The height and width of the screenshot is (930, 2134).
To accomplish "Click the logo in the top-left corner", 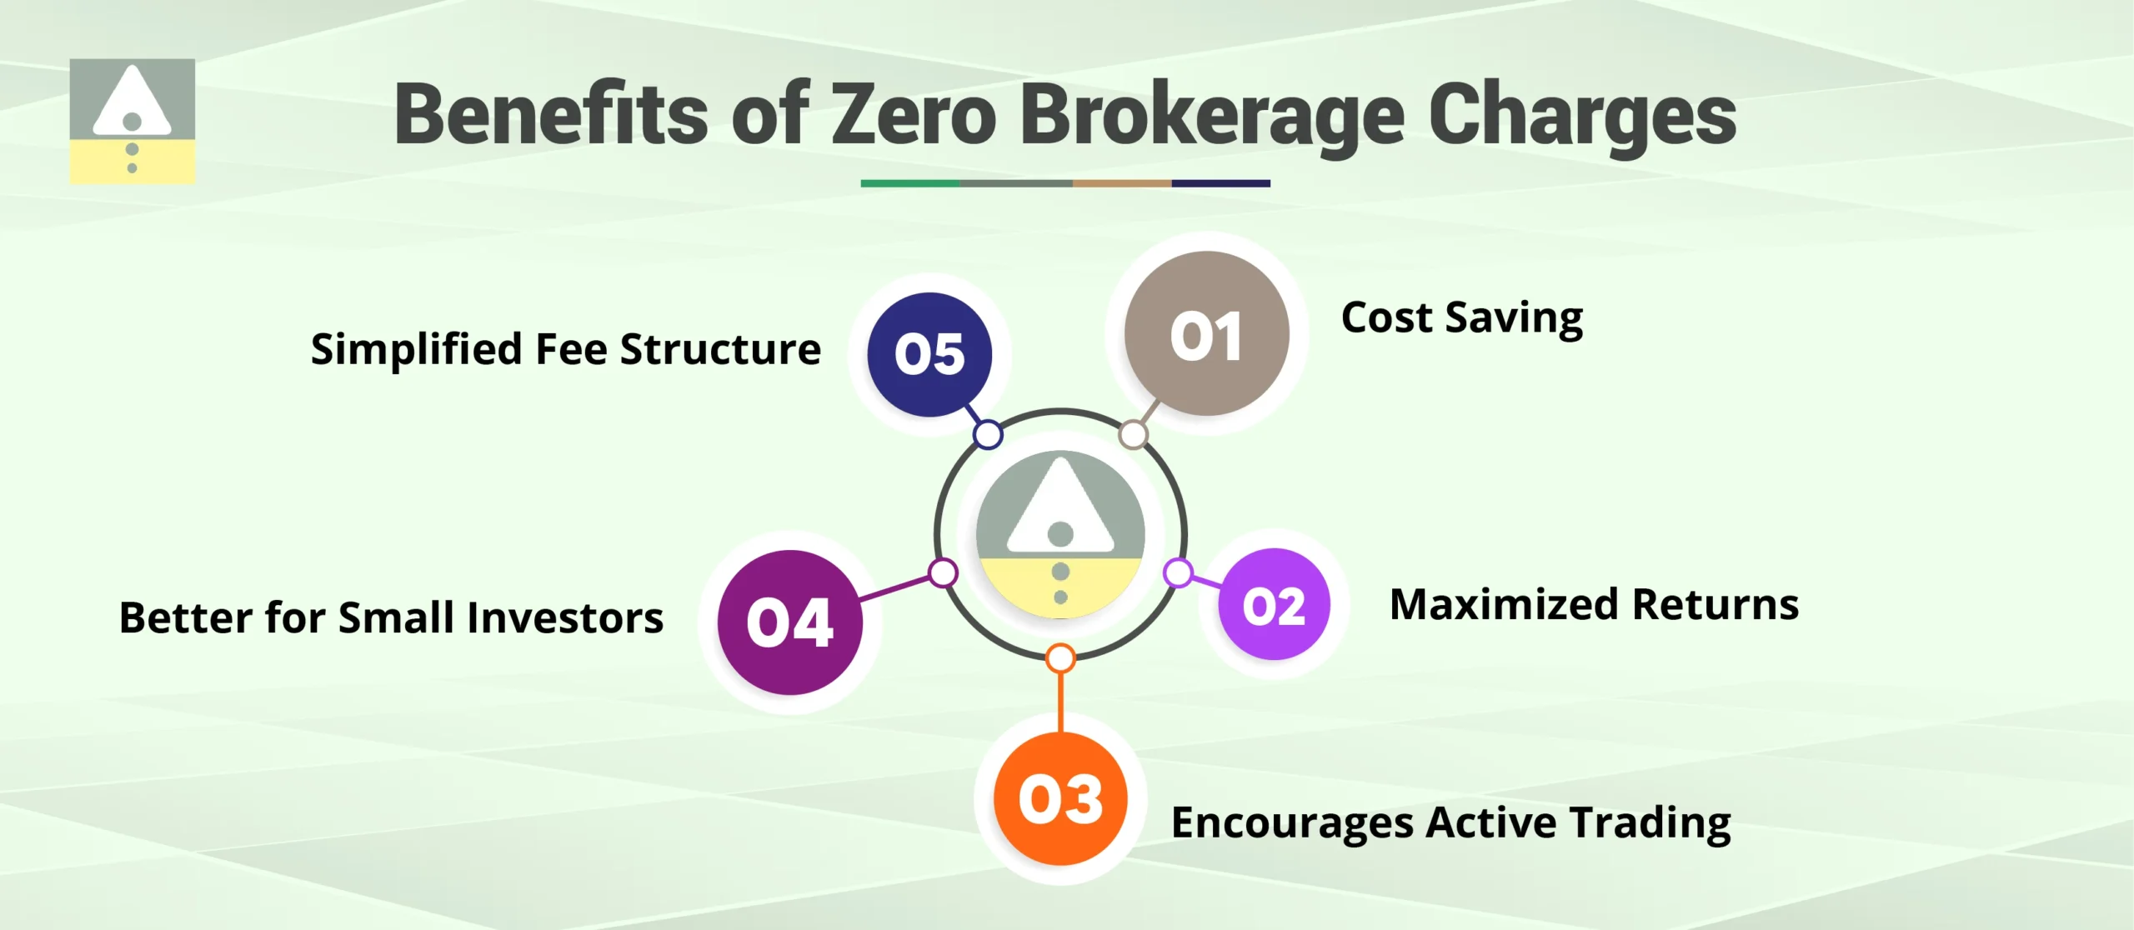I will click(132, 121).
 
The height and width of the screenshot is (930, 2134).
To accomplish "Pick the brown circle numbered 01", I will click(1206, 334).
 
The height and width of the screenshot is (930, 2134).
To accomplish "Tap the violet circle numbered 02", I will click(1274, 605).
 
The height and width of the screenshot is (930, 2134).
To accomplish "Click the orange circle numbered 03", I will click(1060, 798).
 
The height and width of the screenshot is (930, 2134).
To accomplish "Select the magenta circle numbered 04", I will click(789, 622).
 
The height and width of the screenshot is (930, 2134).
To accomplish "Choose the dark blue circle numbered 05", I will click(929, 354).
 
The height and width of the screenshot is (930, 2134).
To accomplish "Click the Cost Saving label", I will click(1461, 318).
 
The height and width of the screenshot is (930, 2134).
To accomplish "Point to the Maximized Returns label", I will click(1594, 605).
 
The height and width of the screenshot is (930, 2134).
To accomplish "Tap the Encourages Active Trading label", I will click(1450, 823).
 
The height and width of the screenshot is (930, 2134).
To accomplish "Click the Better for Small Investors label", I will click(391, 618).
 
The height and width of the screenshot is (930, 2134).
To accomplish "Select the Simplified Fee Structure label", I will click(565, 349).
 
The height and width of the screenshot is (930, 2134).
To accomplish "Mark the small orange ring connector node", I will click(1060, 658).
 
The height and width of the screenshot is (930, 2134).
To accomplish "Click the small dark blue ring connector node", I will click(988, 434).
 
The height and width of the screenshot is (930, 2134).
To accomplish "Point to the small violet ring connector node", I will click(1178, 572).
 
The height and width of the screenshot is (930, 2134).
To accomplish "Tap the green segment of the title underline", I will click(909, 183).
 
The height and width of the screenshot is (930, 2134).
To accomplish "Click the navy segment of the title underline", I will click(1220, 183).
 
